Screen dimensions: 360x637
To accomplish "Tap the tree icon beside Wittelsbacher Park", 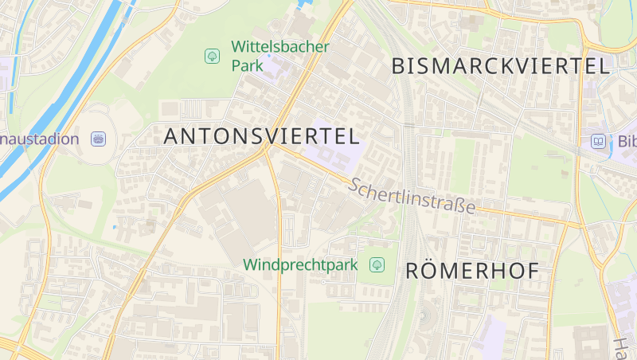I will click(212, 56).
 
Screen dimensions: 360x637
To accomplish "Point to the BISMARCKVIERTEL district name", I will click(501, 66).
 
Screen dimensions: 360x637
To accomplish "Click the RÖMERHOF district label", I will click(472, 271).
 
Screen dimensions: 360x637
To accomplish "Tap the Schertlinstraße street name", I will click(412, 196).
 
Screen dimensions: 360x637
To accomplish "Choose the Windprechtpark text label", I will click(301, 264).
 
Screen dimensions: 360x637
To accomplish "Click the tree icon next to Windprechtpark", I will click(377, 264).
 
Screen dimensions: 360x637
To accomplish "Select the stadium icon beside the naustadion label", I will click(98, 139).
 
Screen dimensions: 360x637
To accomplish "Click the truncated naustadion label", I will click(40, 139).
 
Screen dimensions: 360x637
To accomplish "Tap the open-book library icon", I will click(597, 142).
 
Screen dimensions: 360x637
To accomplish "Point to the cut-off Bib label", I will click(627, 142).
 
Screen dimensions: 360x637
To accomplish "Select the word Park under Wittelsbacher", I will click(248, 65).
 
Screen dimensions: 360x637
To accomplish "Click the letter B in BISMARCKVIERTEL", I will click(400, 66).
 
